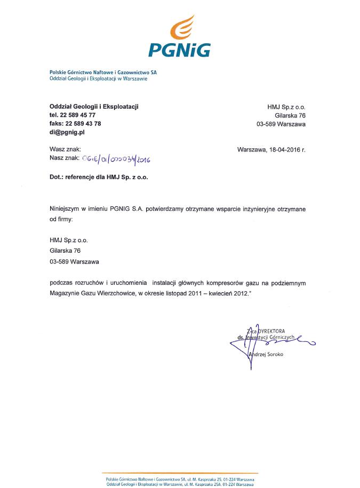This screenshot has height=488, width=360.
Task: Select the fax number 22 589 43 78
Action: tap(82, 123)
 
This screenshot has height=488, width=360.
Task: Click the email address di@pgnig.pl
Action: tap(67, 132)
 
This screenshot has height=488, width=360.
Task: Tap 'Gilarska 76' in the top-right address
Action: tap(290, 115)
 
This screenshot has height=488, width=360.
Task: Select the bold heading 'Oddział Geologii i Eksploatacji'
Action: tap(94, 107)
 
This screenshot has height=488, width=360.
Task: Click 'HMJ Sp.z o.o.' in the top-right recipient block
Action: tap(286, 107)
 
